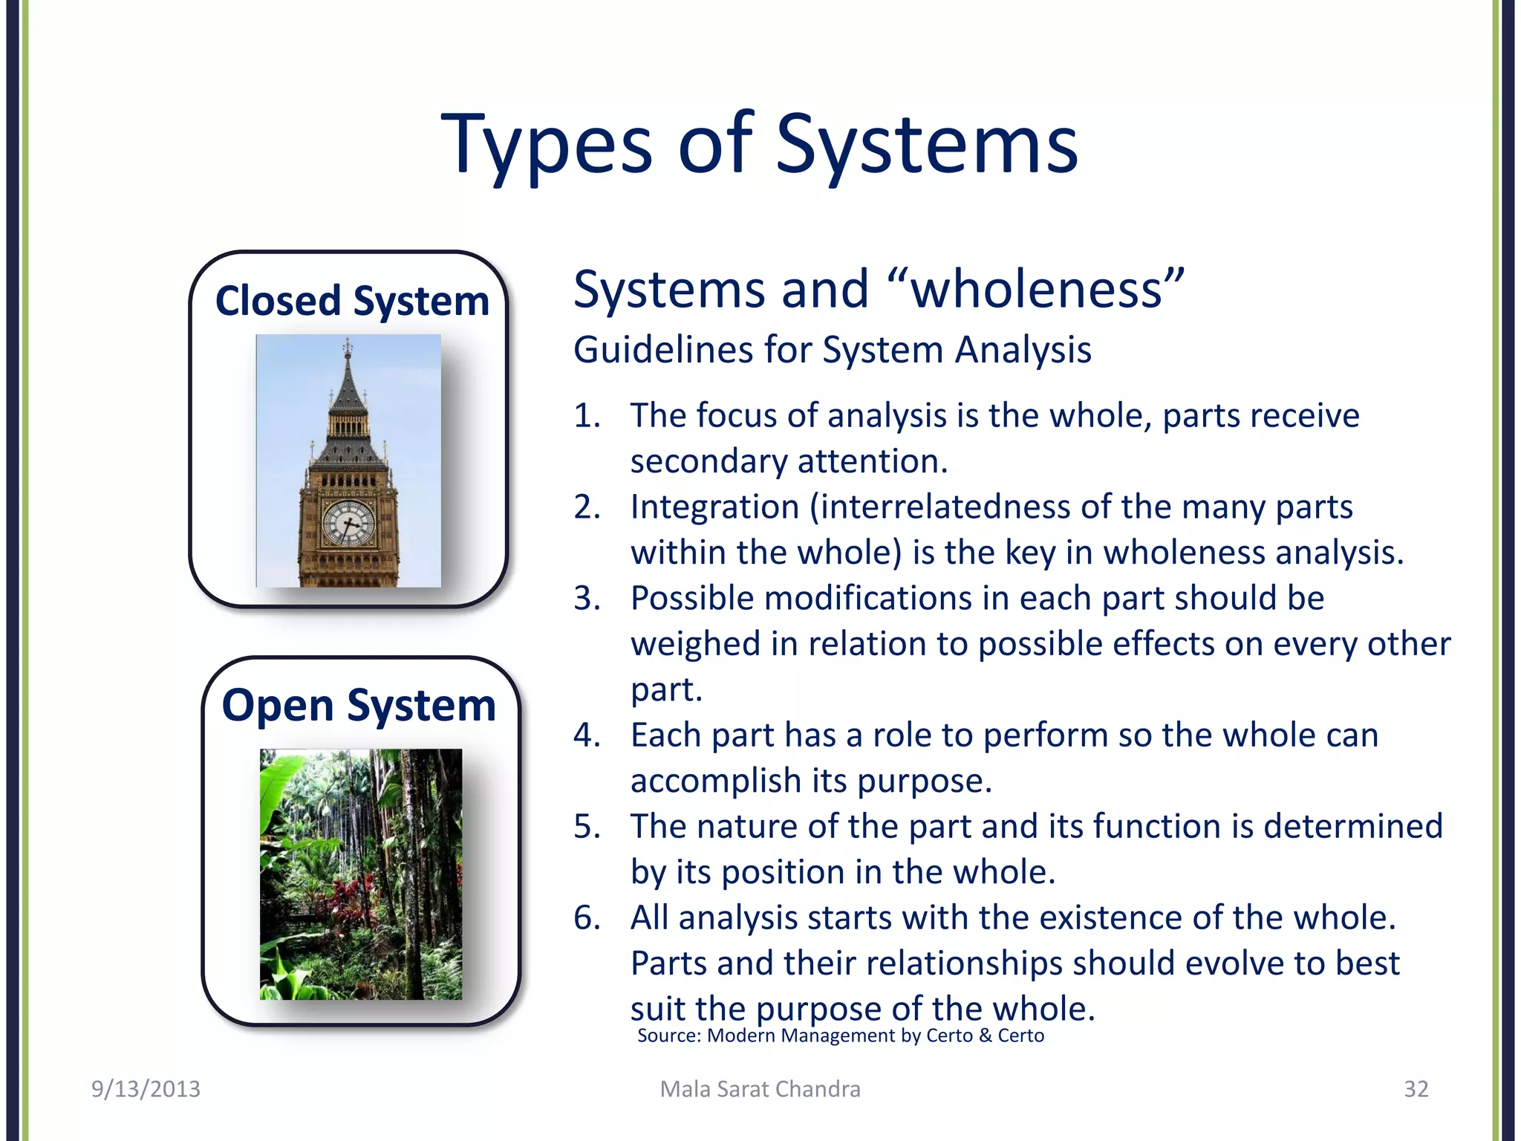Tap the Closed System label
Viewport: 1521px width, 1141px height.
pyautogui.click(x=352, y=301)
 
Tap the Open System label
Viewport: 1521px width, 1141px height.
pyautogui.click(x=359, y=705)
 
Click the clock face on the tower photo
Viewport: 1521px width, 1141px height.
pyautogui.click(x=348, y=523)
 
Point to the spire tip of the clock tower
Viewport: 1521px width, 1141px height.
pyautogui.click(x=347, y=343)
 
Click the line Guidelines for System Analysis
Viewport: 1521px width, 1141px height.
pyautogui.click(x=832, y=350)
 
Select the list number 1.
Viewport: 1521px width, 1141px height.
pyautogui.click(x=586, y=416)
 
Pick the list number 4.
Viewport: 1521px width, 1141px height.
pyautogui.click(x=586, y=735)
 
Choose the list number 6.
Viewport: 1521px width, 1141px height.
pyautogui.click(x=586, y=918)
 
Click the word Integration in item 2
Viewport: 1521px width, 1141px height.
pyautogui.click(x=714, y=507)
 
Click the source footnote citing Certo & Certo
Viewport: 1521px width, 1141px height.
pyautogui.click(x=840, y=1036)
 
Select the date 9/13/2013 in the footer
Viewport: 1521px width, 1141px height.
pyautogui.click(x=146, y=1089)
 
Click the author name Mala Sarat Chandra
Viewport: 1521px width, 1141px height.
pyautogui.click(x=760, y=1089)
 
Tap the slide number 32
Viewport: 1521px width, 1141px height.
pyautogui.click(x=1416, y=1089)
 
